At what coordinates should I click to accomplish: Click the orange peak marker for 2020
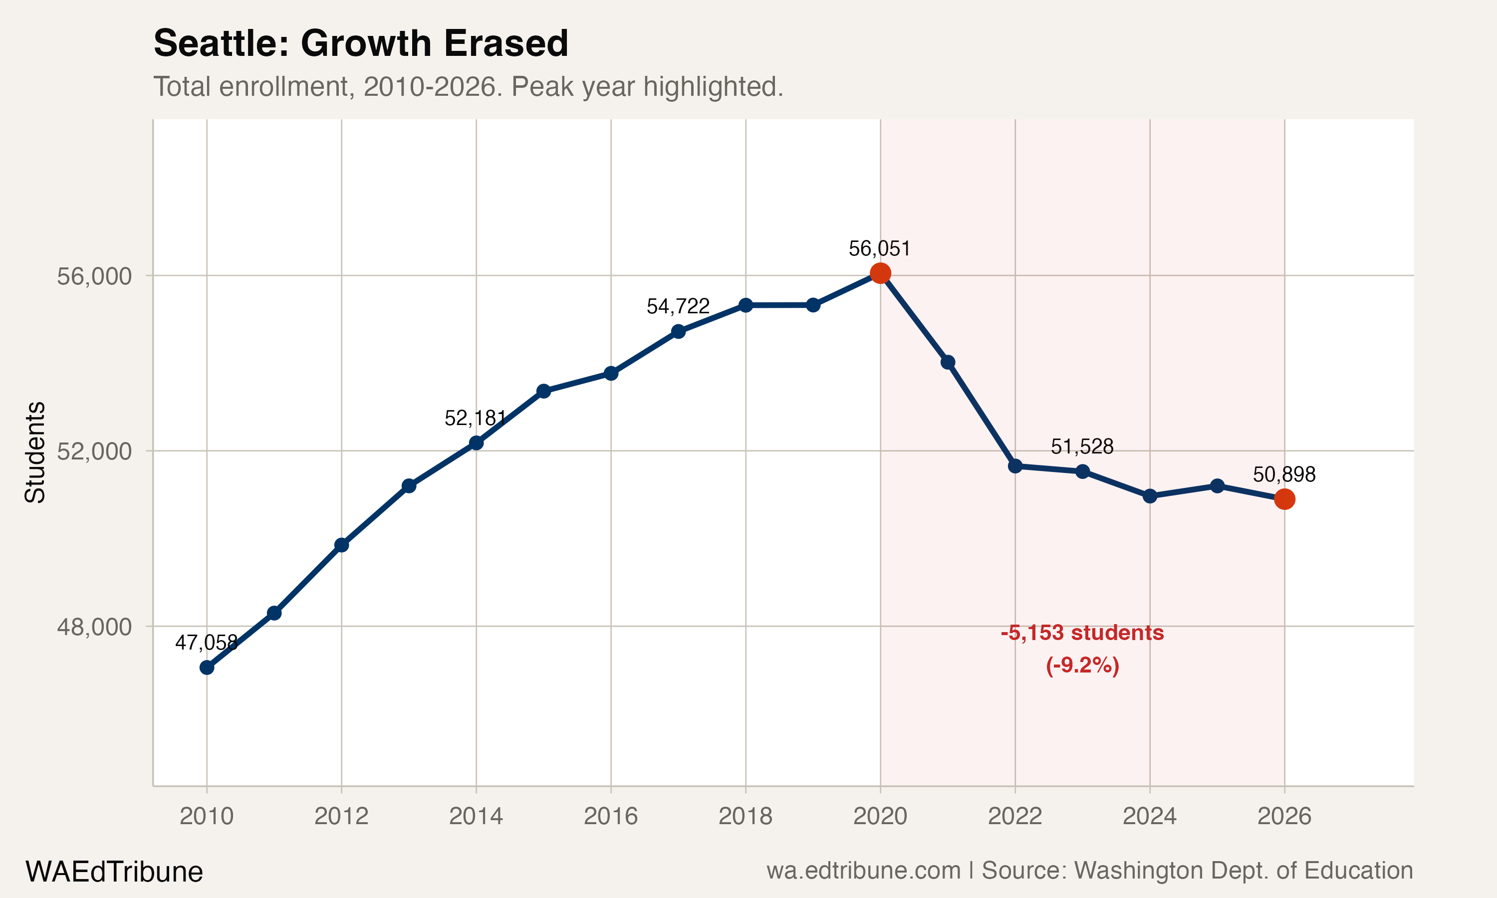[880, 273]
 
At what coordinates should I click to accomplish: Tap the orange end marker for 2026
[1284, 499]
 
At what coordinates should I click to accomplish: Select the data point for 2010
[207, 668]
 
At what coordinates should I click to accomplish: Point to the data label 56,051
[879, 249]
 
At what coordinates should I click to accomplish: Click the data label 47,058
[207, 642]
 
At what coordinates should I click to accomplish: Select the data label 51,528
[1082, 447]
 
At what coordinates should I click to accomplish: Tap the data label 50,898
[1284, 474]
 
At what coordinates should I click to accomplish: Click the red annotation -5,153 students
[1082, 633]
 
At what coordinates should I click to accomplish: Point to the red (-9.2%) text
[1082, 665]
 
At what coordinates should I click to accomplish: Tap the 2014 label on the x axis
[476, 816]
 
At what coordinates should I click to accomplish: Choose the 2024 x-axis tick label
[1149, 816]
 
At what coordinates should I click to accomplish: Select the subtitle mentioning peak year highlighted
[468, 86]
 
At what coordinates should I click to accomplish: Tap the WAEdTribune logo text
[114, 872]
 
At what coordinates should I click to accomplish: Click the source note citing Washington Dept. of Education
[1089, 870]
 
